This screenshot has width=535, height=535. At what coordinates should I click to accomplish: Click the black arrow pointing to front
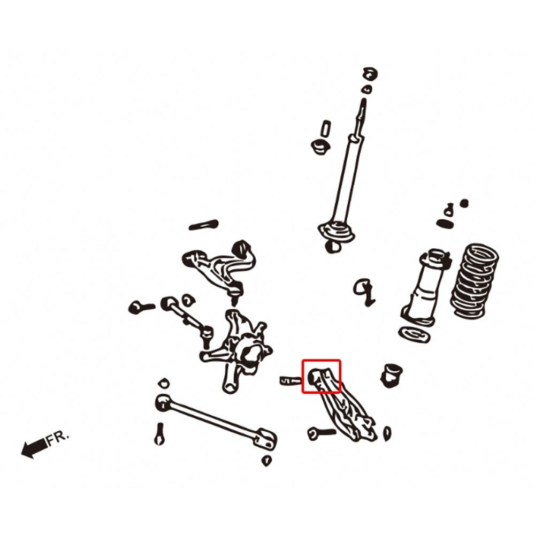click(34, 448)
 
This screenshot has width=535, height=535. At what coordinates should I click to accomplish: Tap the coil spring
click(475, 280)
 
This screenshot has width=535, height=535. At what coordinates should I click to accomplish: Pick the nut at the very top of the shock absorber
click(371, 74)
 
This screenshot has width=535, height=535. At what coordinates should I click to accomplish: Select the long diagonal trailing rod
click(216, 422)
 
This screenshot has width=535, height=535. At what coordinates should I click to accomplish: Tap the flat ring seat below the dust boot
click(414, 334)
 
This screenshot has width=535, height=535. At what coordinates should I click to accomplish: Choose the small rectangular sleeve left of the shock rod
click(325, 129)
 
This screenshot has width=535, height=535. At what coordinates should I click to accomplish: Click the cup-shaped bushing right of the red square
click(391, 375)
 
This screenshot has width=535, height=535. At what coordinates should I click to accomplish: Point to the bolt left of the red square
click(291, 380)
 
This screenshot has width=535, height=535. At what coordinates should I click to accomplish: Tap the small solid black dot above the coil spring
click(464, 204)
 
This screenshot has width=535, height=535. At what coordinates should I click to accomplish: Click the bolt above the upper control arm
click(204, 225)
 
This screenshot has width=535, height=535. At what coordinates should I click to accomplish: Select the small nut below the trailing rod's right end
click(266, 461)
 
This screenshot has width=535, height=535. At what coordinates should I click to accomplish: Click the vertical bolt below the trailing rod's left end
click(159, 434)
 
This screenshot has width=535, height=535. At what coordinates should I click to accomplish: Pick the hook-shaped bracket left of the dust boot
click(364, 292)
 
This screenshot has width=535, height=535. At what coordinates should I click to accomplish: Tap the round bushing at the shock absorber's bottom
click(332, 246)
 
